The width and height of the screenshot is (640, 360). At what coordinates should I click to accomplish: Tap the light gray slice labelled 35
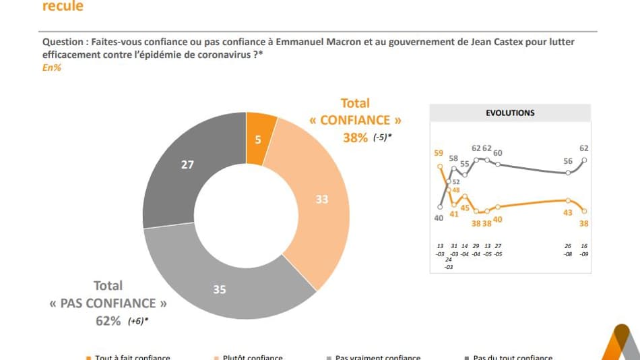click(x=220, y=290)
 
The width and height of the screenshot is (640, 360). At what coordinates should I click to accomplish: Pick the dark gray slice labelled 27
click(x=188, y=164)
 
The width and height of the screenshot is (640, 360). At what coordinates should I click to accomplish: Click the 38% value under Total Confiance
click(x=355, y=138)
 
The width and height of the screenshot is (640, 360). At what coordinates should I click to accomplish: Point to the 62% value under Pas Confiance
click(x=108, y=321)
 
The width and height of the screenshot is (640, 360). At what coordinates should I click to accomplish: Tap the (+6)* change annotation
click(x=137, y=321)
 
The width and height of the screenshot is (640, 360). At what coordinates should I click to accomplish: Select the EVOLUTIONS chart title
click(x=510, y=113)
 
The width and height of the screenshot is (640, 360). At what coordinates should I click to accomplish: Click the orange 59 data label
click(x=439, y=153)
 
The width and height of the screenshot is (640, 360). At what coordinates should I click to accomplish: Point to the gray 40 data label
click(x=439, y=218)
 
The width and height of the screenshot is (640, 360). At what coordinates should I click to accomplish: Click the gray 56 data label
click(x=568, y=162)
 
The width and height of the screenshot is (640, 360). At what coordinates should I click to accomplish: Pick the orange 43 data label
click(x=568, y=212)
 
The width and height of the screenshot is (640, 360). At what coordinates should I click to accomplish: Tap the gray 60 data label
click(x=498, y=153)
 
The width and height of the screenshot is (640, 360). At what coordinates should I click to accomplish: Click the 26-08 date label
click(x=568, y=249)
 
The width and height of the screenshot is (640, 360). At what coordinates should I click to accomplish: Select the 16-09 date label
click(x=584, y=249)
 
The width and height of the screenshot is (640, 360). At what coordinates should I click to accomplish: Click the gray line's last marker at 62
click(x=584, y=160)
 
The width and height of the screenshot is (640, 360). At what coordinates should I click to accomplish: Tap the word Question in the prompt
click(x=61, y=42)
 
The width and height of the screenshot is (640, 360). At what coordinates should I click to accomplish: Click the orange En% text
click(x=51, y=67)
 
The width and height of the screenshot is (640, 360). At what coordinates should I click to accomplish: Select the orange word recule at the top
click(x=63, y=6)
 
